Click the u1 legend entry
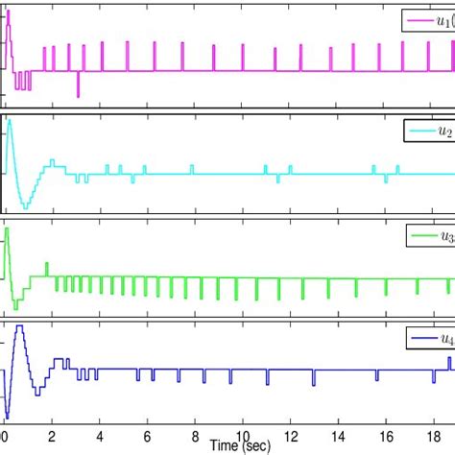pos(427,21)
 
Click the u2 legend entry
pos(428,128)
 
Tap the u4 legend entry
pos(428,339)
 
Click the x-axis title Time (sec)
pos(240,446)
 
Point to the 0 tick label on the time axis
pos(6,438)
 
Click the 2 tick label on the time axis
pos(53,438)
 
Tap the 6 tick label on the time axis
pos(148,438)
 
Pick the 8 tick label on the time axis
pos(195,438)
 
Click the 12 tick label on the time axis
pos(289,438)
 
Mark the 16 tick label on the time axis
pos(384,438)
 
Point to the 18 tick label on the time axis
pos(431,438)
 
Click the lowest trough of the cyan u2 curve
pos(25,208)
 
